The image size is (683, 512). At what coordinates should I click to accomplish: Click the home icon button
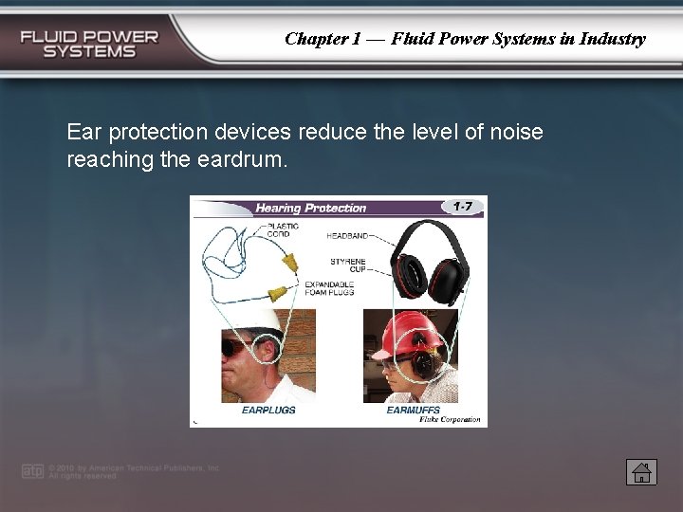(641, 471)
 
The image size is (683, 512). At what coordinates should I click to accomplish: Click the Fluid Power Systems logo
(90, 44)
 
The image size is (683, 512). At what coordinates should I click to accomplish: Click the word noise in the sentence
(516, 132)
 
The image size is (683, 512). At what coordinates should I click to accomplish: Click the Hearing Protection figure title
(310, 208)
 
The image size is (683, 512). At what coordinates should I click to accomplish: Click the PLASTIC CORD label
(282, 229)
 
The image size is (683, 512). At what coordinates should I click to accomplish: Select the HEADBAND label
(347, 235)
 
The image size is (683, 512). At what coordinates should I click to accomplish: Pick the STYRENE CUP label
(347, 265)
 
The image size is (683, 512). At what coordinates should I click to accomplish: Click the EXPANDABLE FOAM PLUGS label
(328, 288)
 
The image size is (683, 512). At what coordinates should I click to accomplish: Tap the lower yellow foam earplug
(278, 290)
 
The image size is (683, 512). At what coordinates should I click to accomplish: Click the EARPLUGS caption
(268, 411)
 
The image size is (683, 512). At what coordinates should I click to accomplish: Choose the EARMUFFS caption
(413, 411)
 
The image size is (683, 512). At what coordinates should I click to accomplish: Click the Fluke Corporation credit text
(450, 420)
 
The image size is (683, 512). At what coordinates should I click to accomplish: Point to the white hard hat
(253, 320)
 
